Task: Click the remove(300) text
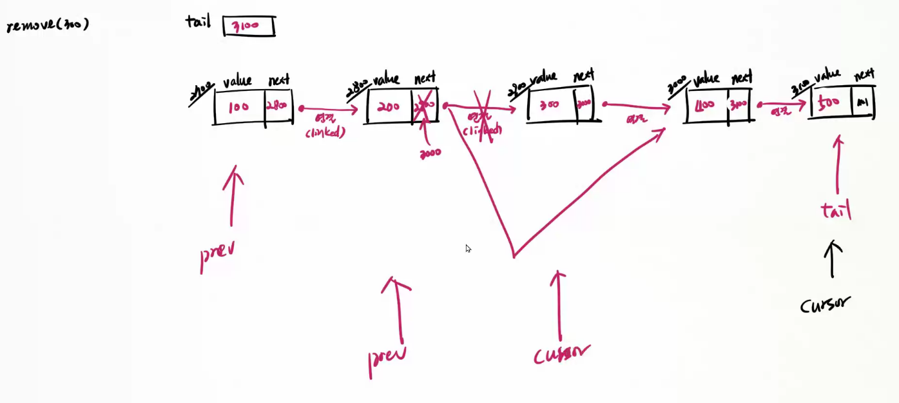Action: point(47,26)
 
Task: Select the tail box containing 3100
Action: point(249,26)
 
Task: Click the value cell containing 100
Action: point(238,107)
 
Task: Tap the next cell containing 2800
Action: point(278,106)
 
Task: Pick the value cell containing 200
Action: point(389,106)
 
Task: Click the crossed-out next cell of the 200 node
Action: point(424,105)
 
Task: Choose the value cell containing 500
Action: point(830,103)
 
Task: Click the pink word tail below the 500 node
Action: point(836,210)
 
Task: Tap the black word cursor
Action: point(826,304)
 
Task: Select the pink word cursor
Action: point(561,354)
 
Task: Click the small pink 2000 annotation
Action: point(430,153)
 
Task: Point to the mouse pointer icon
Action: point(468,248)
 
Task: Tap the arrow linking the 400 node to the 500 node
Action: point(782,104)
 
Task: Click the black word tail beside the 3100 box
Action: point(198,22)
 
